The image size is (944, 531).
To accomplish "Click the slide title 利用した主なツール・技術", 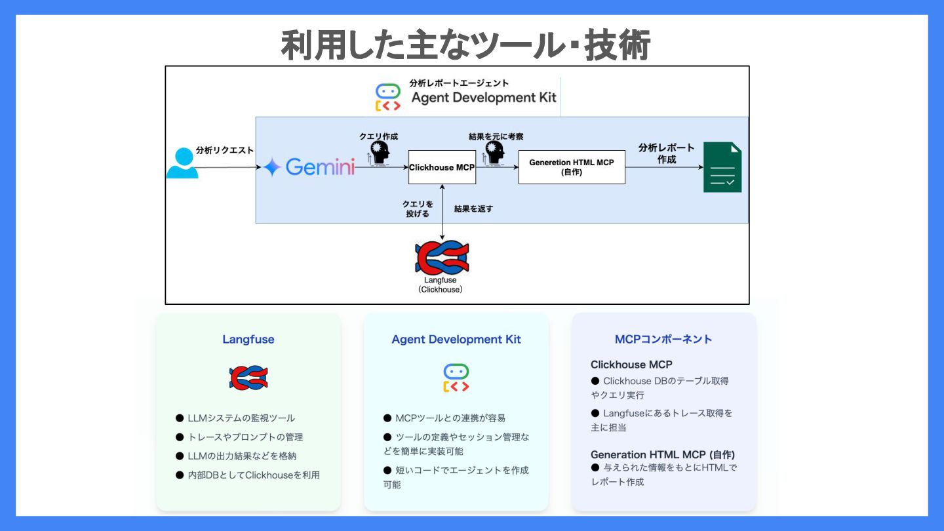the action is [465, 45].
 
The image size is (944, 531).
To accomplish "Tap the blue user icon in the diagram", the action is [182, 163].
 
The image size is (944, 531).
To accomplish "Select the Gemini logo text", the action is [321, 167].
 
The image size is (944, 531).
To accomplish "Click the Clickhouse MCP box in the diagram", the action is [442, 167].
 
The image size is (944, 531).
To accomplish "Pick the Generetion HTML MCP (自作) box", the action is [572, 167].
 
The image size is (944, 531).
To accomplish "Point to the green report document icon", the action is [722, 167].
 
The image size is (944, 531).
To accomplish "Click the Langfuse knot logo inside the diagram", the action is [442, 258].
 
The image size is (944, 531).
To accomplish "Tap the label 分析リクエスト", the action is [225, 151].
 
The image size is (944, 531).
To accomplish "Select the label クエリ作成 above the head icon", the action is [378, 136].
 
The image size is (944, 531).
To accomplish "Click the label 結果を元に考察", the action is [496, 136].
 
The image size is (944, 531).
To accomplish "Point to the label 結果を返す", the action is [473, 208].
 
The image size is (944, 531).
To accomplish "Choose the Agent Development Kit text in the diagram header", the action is [484, 98].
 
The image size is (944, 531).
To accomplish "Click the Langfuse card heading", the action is [248, 340].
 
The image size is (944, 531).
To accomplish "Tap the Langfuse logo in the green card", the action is [248, 378].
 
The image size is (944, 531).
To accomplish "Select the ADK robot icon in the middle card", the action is [456, 378].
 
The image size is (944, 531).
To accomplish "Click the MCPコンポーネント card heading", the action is [663, 340].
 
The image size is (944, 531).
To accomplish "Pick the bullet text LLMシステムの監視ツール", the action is [241, 418].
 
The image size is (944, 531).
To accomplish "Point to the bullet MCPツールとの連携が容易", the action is [450, 418].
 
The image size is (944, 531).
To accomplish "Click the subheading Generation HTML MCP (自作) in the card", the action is [663, 455].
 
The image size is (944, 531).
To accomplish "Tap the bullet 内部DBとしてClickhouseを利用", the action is [254, 475].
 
